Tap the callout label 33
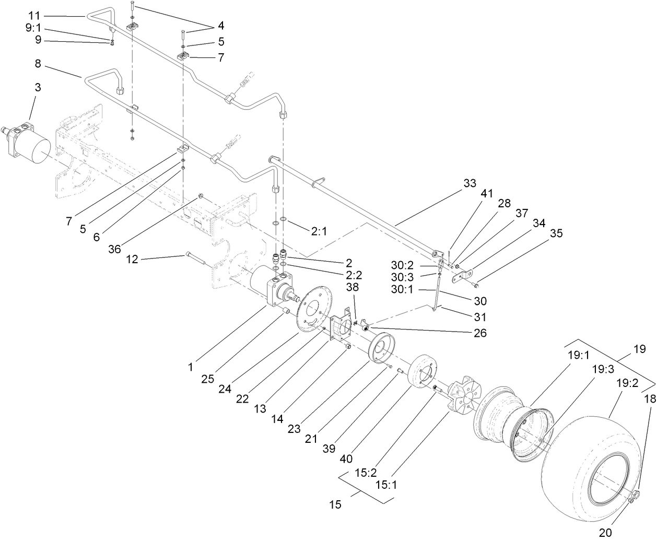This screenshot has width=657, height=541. click(x=470, y=183)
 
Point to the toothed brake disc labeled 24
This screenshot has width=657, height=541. click(x=313, y=308)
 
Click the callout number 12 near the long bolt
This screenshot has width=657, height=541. click(x=133, y=259)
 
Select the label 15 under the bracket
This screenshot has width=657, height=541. click(x=335, y=505)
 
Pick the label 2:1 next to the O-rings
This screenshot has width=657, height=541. click(x=319, y=231)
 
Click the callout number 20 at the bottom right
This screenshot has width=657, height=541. click(x=605, y=533)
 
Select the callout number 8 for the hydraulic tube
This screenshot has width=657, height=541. click(x=38, y=64)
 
